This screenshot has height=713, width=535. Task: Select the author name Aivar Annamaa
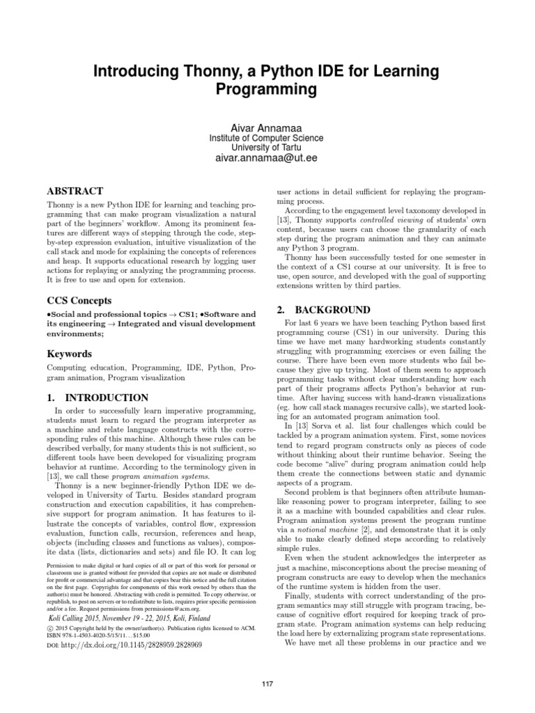268,125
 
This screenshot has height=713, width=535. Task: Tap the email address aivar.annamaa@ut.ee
268,159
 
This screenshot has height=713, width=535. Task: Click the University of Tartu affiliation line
268,148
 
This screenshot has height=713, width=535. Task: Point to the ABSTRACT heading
75,191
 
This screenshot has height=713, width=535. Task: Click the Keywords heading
70,354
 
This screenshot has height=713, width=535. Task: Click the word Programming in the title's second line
267,90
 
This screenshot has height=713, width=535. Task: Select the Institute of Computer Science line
268,138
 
